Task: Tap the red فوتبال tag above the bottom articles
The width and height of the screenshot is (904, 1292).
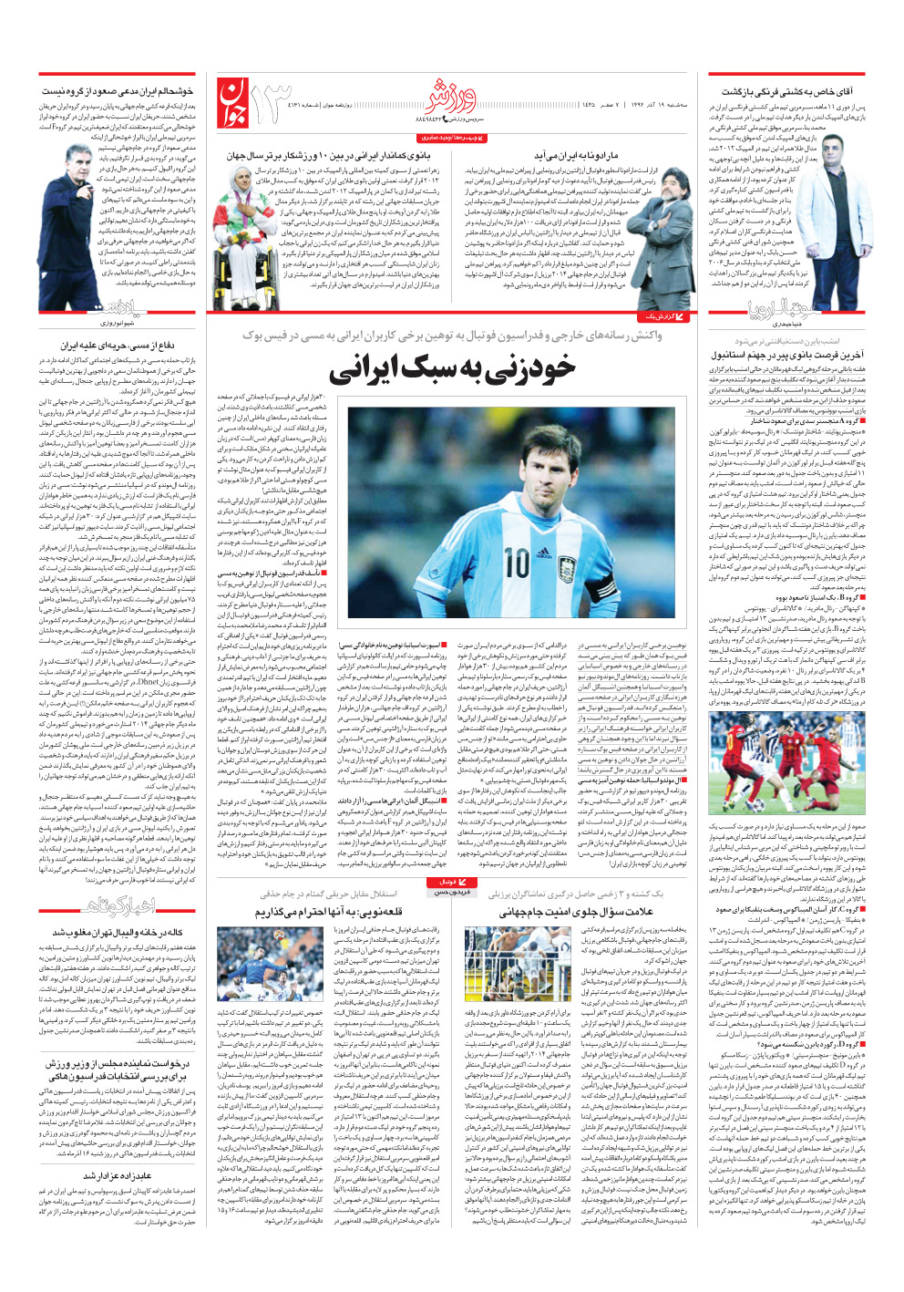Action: pos(453,883)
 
